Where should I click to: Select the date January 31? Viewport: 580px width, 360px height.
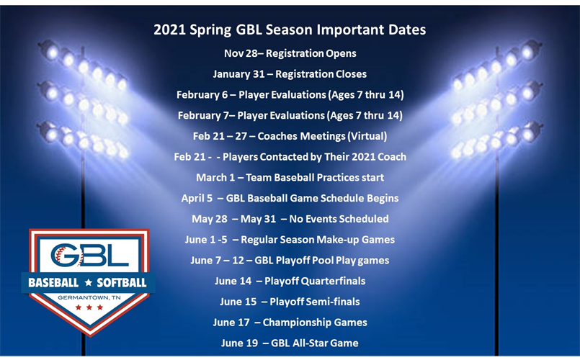pyautogui.click(x=238, y=74)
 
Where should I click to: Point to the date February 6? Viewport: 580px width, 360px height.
pyautogui.click(x=202, y=95)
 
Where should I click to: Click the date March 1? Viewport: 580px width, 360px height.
pyautogui.click(x=215, y=178)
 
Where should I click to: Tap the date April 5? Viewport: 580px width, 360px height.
pyautogui.click(x=197, y=199)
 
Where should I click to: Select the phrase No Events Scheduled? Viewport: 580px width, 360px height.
pyautogui.click(x=339, y=219)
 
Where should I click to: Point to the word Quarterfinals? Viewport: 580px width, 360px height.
pyautogui.click(x=334, y=282)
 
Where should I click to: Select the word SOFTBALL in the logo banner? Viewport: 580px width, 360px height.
pyautogui.click(x=121, y=283)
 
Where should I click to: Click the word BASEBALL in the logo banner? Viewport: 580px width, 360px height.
pyautogui.click(x=53, y=283)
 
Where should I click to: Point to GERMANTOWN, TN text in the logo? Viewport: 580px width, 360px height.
pyautogui.click(x=89, y=297)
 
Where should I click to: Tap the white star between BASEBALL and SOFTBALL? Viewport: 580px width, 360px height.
pyautogui.click(x=88, y=283)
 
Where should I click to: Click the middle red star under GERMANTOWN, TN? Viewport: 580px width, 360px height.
pyautogui.click(x=89, y=307)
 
